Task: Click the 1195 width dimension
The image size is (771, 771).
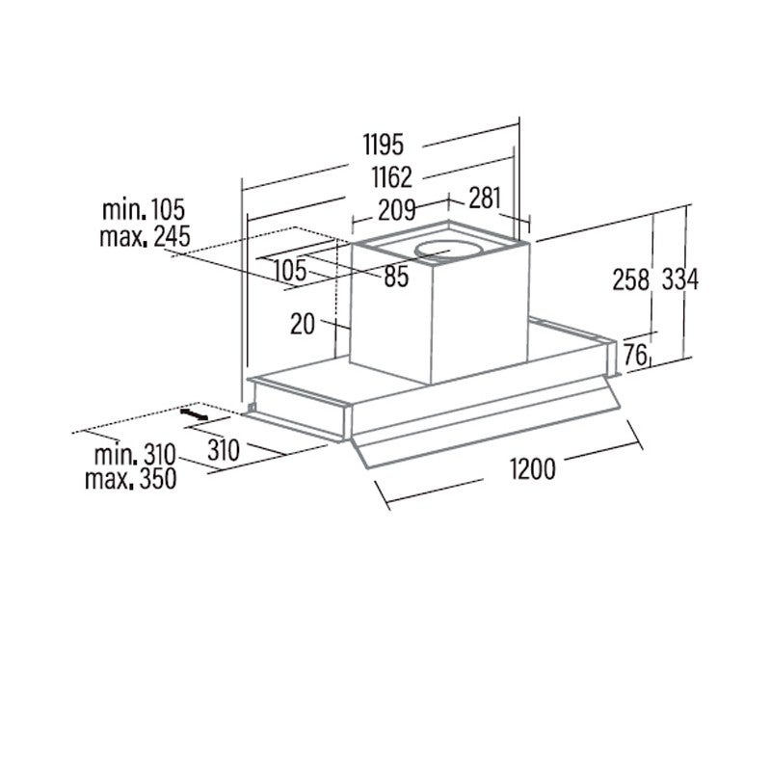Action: (383, 144)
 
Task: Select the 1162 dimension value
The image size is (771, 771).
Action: (391, 177)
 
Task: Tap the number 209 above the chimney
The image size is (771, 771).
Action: (397, 210)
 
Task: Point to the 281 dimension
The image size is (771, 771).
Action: (485, 199)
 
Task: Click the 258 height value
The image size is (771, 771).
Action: (631, 279)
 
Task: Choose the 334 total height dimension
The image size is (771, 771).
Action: (680, 279)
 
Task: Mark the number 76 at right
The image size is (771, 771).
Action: (635, 355)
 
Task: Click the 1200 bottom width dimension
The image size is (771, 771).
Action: (533, 468)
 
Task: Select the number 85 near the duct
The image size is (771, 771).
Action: (396, 276)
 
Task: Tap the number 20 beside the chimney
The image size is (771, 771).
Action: (303, 324)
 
